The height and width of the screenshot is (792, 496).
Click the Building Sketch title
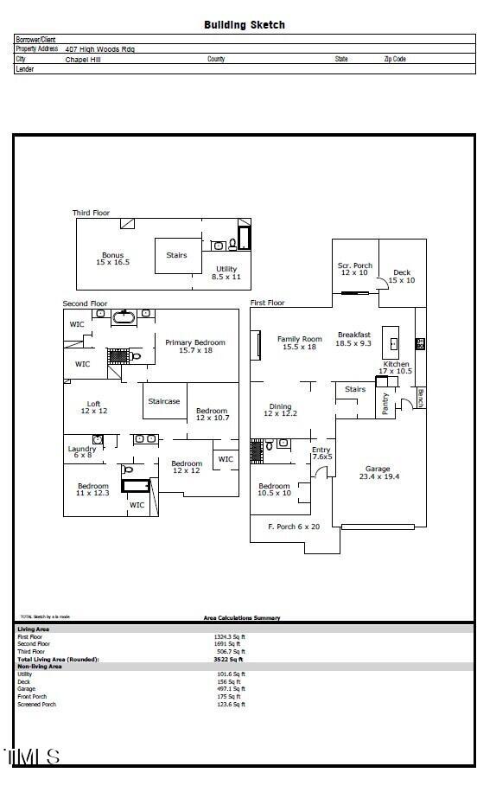tap(244, 25)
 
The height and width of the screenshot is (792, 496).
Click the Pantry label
tap(385, 404)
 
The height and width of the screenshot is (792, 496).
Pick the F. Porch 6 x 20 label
tap(293, 526)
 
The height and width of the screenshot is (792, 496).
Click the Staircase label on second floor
tap(164, 401)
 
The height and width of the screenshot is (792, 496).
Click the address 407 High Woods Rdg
tap(99, 49)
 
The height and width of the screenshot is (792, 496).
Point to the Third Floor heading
tap(91, 213)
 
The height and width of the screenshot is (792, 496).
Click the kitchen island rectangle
tap(393, 337)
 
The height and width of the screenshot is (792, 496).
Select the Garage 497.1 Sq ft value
tap(229, 689)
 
